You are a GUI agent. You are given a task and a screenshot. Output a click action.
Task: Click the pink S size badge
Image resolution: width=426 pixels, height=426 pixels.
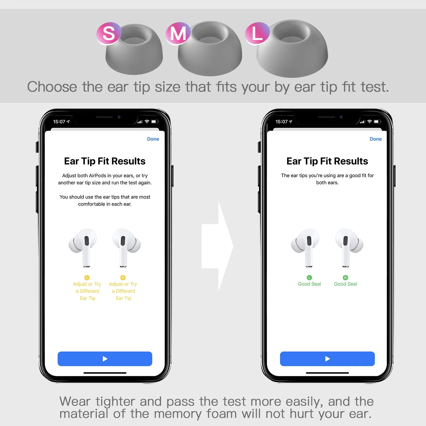pos(109,33)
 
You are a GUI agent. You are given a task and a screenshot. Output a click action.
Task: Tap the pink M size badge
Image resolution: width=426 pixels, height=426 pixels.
pos(178,33)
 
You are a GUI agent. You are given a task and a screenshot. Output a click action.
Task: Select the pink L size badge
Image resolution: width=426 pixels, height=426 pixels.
pos(257,33)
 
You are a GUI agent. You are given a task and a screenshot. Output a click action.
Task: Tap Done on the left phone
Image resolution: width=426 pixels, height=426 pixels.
pos(153,139)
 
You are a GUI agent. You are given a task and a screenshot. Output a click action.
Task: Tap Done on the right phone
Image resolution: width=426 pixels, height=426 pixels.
pos(375,139)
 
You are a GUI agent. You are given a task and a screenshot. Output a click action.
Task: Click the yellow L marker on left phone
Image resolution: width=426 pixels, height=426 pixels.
pos(87,277)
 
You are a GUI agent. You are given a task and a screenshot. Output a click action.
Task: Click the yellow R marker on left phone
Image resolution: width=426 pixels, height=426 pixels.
pos(123,277)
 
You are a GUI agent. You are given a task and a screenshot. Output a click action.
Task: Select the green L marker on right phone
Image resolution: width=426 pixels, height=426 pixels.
pos(309,277)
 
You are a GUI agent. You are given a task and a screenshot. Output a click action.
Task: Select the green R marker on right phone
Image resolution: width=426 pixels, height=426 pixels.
pos(345,277)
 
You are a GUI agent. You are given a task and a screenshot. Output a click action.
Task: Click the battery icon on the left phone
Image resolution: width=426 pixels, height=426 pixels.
pos(154,122)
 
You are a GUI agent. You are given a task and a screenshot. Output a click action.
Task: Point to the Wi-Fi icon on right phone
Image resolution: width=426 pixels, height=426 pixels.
pos(369,122)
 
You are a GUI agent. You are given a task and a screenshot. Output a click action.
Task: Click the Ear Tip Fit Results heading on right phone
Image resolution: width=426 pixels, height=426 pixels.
pos(327,161)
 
